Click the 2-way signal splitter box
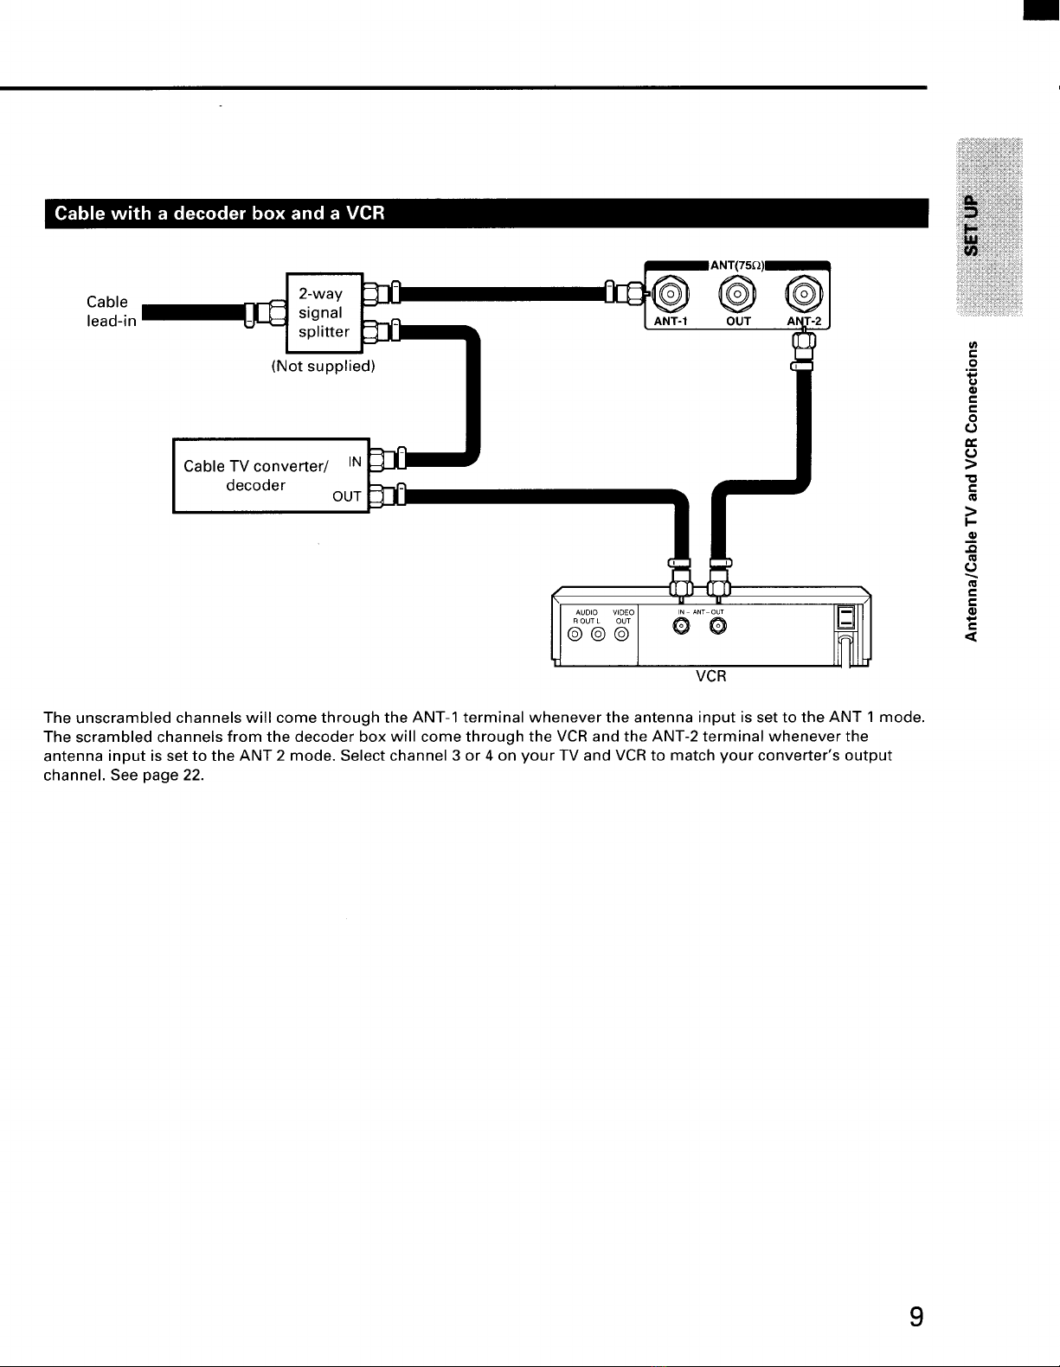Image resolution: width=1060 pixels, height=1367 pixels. [x=324, y=313]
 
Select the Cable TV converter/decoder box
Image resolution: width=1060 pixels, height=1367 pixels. [x=271, y=476]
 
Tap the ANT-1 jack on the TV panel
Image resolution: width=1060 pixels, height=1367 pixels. [x=671, y=294]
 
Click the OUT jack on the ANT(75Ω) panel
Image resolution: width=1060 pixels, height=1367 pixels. [x=737, y=294]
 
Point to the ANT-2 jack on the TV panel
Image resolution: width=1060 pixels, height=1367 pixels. [x=804, y=294]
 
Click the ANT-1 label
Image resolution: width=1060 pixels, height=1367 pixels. [x=671, y=322]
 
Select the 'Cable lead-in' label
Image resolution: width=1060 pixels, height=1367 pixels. [x=112, y=311]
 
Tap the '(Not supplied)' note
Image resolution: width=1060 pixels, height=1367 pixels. [x=323, y=366]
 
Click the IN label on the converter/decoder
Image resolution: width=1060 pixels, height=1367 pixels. [x=355, y=462]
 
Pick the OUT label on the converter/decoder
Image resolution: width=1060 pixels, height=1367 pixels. [x=346, y=496]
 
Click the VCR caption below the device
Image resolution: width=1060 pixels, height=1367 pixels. [x=710, y=676]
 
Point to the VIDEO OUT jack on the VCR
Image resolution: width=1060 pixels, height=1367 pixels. [x=622, y=634]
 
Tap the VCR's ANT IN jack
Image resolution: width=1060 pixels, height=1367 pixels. [x=681, y=625]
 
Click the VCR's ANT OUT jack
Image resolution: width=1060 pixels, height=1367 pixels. [x=717, y=625]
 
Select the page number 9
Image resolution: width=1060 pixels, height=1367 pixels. [x=916, y=1316]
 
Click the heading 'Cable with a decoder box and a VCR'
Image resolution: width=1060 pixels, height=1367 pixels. [x=219, y=214]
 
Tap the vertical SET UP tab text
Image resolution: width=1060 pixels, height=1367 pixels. [x=971, y=226]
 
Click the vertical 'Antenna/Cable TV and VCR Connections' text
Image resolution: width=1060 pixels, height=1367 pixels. [x=972, y=491]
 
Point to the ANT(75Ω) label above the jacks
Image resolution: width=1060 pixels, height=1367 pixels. [x=737, y=265]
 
